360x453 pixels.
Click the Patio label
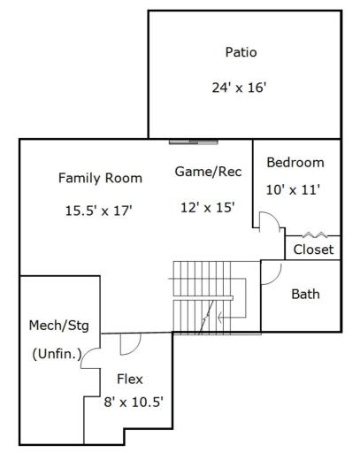(x=241, y=52)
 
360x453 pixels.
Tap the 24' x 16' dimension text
(x=239, y=88)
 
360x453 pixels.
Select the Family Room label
(x=100, y=178)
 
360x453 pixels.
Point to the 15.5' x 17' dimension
(x=98, y=211)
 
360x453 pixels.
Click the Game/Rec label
(x=208, y=172)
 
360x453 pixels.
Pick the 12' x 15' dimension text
(x=208, y=207)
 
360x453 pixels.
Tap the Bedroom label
(x=295, y=163)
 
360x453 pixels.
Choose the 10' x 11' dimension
(x=293, y=189)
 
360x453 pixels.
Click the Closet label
(x=313, y=250)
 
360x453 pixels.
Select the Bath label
(x=305, y=294)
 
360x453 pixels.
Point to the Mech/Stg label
(x=59, y=326)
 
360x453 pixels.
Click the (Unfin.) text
(x=57, y=354)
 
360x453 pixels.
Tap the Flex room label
(x=130, y=379)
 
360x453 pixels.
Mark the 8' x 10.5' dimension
(x=134, y=402)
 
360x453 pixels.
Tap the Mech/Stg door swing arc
(x=86, y=353)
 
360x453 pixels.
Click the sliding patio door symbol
(x=194, y=142)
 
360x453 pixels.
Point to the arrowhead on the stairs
(x=220, y=318)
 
